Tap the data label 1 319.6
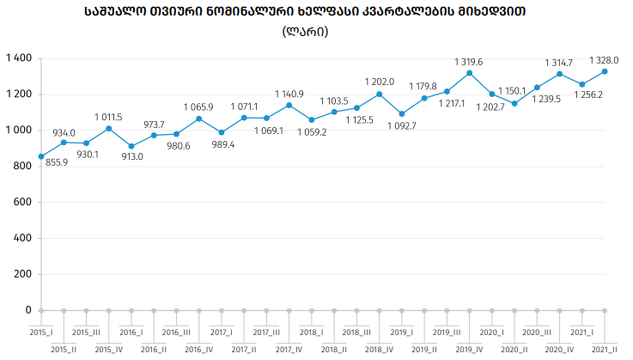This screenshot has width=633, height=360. pos(468,62)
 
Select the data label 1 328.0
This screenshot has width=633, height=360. pos(604,60)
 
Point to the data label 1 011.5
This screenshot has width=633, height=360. pos(108,117)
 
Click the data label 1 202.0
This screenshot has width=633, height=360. pos(379,82)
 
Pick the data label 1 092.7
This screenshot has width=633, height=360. pos(401,126)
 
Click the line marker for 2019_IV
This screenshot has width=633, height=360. pos(469,73)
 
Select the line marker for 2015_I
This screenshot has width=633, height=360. pos(41,156)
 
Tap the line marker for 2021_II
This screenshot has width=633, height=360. pos(605,71)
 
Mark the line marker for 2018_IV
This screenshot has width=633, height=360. pos(379,95)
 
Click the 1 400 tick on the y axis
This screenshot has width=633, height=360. pos(18,58)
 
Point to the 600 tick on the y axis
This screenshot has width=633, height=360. pos(22,203)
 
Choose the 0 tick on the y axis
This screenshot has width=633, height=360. pos(28,310)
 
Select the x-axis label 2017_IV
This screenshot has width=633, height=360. pos(289,349)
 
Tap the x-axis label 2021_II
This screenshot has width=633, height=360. pos(605,349)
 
